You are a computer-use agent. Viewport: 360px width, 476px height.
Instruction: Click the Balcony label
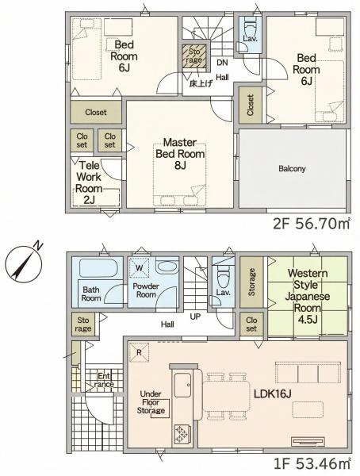click(x=292, y=168)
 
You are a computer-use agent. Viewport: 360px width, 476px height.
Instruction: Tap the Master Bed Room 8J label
click(x=180, y=153)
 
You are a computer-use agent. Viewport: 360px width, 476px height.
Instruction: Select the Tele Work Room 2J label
click(x=89, y=182)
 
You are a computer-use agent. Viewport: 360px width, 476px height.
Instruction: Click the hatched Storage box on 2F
click(x=194, y=57)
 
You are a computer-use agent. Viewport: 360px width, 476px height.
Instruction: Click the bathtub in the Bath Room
click(x=98, y=268)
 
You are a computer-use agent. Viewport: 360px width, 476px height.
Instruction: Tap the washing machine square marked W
click(x=140, y=268)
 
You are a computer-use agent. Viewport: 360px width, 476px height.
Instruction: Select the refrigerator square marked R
click(x=139, y=352)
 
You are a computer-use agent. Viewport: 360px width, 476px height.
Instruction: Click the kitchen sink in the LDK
click(x=182, y=385)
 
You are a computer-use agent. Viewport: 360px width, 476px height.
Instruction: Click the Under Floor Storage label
click(x=151, y=402)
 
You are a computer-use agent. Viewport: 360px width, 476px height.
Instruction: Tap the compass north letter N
click(x=37, y=245)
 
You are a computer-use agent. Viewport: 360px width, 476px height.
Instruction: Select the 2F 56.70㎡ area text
click(x=312, y=224)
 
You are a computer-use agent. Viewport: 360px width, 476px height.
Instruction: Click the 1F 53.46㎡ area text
click(x=312, y=463)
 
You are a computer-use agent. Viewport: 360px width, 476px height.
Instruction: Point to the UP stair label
click(x=195, y=317)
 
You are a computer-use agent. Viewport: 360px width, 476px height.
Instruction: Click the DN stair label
click(x=222, y=63)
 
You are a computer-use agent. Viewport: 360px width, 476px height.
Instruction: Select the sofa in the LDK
click(x=308, y=373)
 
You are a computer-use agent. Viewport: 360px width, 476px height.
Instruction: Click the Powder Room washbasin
click(x=167, y=267)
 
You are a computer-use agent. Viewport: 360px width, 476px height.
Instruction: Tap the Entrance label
click(x=104, y=380)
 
